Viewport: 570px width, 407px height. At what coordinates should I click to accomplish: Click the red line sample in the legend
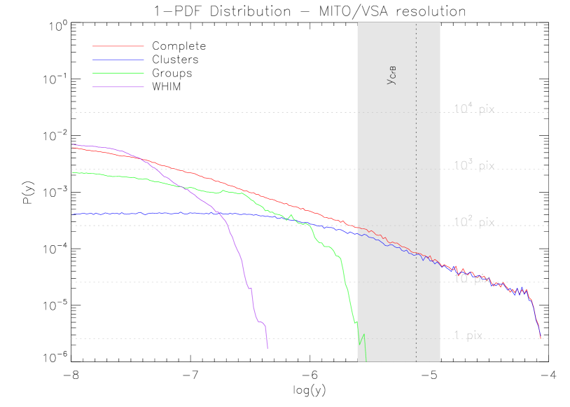pyautogui.click(x=118, y=46)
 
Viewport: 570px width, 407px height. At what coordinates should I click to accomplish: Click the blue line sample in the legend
pyautogui.click(x=118, y=60)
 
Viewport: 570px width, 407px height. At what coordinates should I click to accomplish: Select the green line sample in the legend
pyautogui.click(x=118, y=73)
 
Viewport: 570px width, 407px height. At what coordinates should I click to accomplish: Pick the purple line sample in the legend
pyautogui.click(x=118, y=87)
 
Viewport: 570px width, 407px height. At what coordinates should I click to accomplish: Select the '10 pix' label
pyautogui.click(x=472, y=279)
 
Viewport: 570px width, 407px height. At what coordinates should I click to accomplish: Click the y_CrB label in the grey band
pyautogui.click(x=392, y=78)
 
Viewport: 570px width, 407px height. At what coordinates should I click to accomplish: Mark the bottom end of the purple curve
pyautogui.click(x=267, y=347)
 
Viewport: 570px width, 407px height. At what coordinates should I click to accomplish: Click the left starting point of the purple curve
pyautogui.click(x=72, y=144)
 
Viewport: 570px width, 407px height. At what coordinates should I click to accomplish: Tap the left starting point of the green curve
pyautogui.click(x=72, y=172)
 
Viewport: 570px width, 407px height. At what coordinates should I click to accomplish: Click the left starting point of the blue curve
pyautogui.click(x=72, y=214)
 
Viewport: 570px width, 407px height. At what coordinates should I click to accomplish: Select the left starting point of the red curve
pyautogui.click(x=72, y=148)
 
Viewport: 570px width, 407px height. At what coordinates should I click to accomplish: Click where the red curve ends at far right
pyautogui.click(x=541, y=338)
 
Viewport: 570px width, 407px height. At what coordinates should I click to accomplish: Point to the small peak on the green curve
pyautogui.click(x=291, y=216)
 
